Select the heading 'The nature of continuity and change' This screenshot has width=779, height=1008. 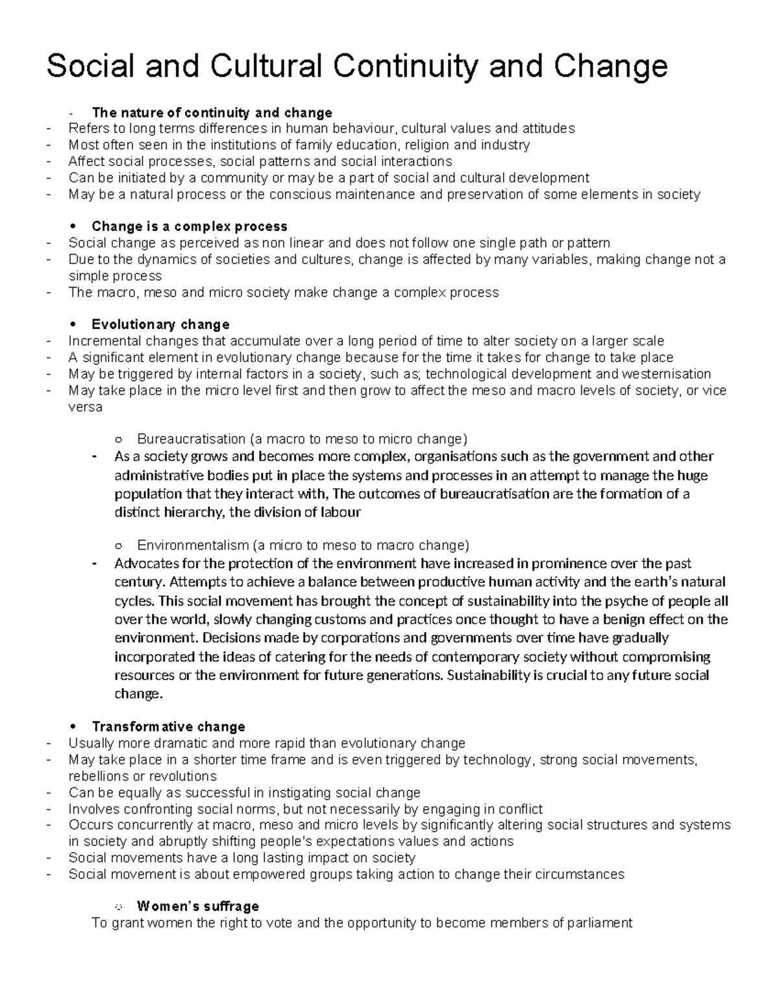pyautogui.click(x=212, y=112)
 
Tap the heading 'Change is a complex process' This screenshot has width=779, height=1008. pyautogui.click(x=189, y=227)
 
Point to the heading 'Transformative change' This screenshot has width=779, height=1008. pyautogui.click(x=168, y=726)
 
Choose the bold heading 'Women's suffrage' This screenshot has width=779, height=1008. pyautogui.click(x=198, y=906)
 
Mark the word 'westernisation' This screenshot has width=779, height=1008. pyautogui.click(x=667, y=374)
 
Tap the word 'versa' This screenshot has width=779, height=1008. pyautogui.click(x=85, y=407)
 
